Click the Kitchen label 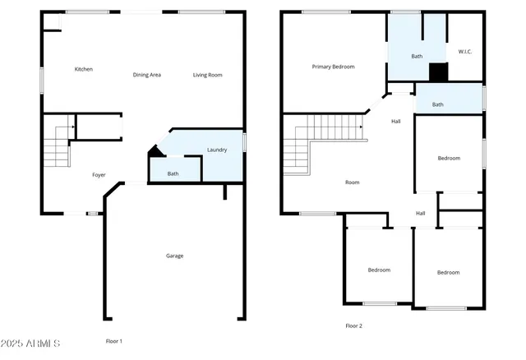pyautogui.click(x=83, y=69)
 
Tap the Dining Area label pyautogui.click(x=146, y=75)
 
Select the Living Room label pyautogui.click(x=208, y=75)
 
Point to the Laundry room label pyautogui.click(x=217, y=150)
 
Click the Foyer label pyautogui.click(x=99, y=175)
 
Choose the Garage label pyautogui.click(x=174, y=256)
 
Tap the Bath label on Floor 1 pyautogui.click(x=173, y=173)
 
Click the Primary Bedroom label pyautogui.click(x=333, y=67)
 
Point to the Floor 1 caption pyautogui.click(x=114, y=341)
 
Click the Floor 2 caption pyautogui.click(x=353, y=325)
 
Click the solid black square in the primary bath pyautogui.click(x=439, y=72)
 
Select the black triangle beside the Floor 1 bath pyautogui.click(x=153, y=151)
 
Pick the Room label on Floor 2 pyautogui.click(x=352, y=182)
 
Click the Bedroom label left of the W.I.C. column pyautogui.click(x=449, y=158)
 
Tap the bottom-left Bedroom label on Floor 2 pyautogui.click(x=379, y=270)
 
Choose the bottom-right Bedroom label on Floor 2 pyautogui.click(x=448, y=272)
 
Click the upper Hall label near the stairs pyautogui.click(x=396, y=122)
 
